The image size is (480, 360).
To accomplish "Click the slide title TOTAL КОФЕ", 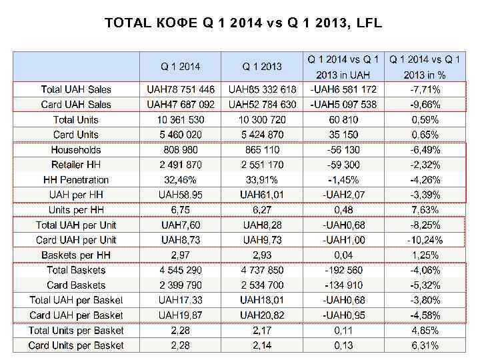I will pyautogui.click(x=243, y=24).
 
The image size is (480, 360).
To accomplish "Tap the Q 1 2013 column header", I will pyautogui.click(x=262, y=67).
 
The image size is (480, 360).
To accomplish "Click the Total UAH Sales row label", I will pyautogui.click(x=76, y=89).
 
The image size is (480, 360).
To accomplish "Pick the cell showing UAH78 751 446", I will pyautogui.click(x=181, y=89).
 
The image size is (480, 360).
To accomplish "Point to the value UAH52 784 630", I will pyautogui.click(x=262, y=105).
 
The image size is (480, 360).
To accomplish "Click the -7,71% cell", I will pyautogui.click(x=425, y=89).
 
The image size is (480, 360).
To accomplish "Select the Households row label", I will pyautogui.click(x=76, y=150).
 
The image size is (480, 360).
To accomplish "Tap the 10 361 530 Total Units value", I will pyautogui.click(x=181, y=120).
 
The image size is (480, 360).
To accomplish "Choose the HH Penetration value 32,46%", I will pyautogui.click(x=181, y=180).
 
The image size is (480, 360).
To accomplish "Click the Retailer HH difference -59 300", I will pyautogui.click(x=343, y=165).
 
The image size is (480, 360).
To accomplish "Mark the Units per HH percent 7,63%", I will pyautogui.click(x=425, y=210).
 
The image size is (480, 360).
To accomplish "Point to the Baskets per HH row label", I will pyautogui.click(x=76, y=255).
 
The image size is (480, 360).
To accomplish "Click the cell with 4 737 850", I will pyautogui.click(x=262, y=270).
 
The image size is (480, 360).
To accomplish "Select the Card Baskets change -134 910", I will pyautogui.click(x=343, y=285).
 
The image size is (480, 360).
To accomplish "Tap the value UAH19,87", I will pyautogui.click(x=181, y=315).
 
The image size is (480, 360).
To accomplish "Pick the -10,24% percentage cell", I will pyautogui.click(x=425, y=240).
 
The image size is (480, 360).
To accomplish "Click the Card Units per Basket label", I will pyautogui.click(x=76, y=345).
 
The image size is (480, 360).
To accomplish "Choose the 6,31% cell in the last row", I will pyautogui.click(x=425, y=345).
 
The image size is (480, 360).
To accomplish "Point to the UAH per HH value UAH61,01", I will pyautogui.click(x=262, y=195).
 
